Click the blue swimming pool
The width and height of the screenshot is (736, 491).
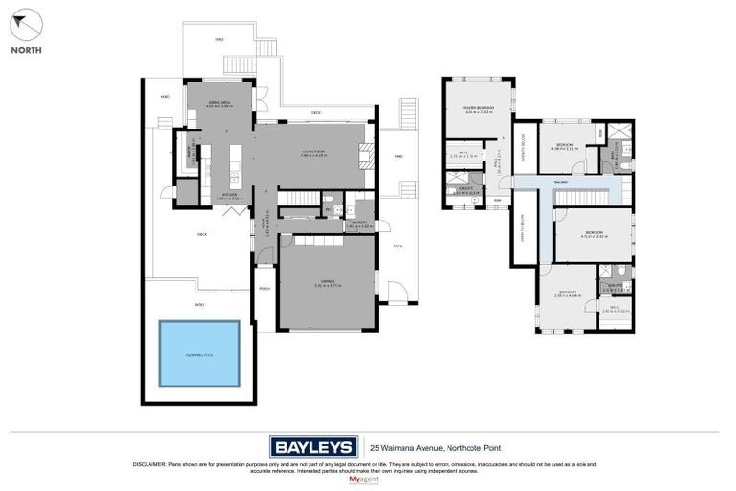(x=199, y=353)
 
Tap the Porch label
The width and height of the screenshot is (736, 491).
(x=264, y=288)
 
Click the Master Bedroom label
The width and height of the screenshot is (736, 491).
(x=476, y=109)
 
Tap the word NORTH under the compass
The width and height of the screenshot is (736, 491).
(x=26, y=50)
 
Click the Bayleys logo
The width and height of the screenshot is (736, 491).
(x=313, y=447)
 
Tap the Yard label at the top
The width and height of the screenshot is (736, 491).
(x=218, y=40)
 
